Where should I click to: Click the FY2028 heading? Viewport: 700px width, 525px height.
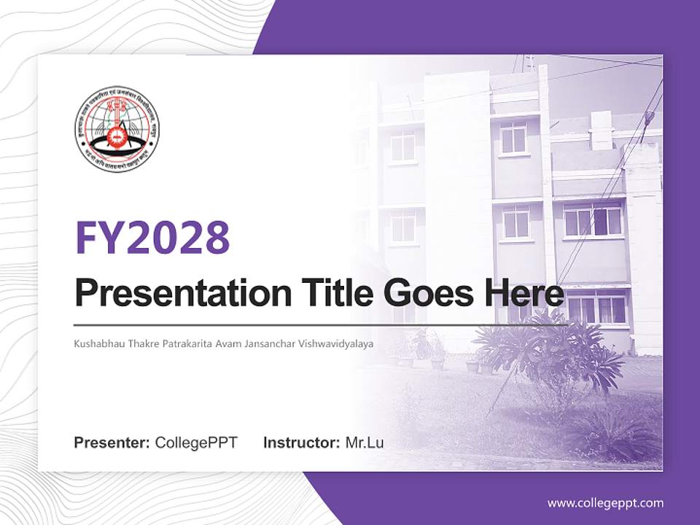[152, 238]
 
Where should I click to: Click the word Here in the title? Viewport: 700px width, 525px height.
[524, 293]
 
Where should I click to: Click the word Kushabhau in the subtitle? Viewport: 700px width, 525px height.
[98, 343]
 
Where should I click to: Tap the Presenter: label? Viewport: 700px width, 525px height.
[112, 443]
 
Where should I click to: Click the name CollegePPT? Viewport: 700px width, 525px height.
[196, 443]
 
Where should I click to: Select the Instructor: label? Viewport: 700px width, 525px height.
[301, 443]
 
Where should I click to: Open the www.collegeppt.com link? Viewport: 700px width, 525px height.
[605, 503]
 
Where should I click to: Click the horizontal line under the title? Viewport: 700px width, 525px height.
[321, 324]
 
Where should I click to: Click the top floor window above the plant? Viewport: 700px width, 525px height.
[513, 136]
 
